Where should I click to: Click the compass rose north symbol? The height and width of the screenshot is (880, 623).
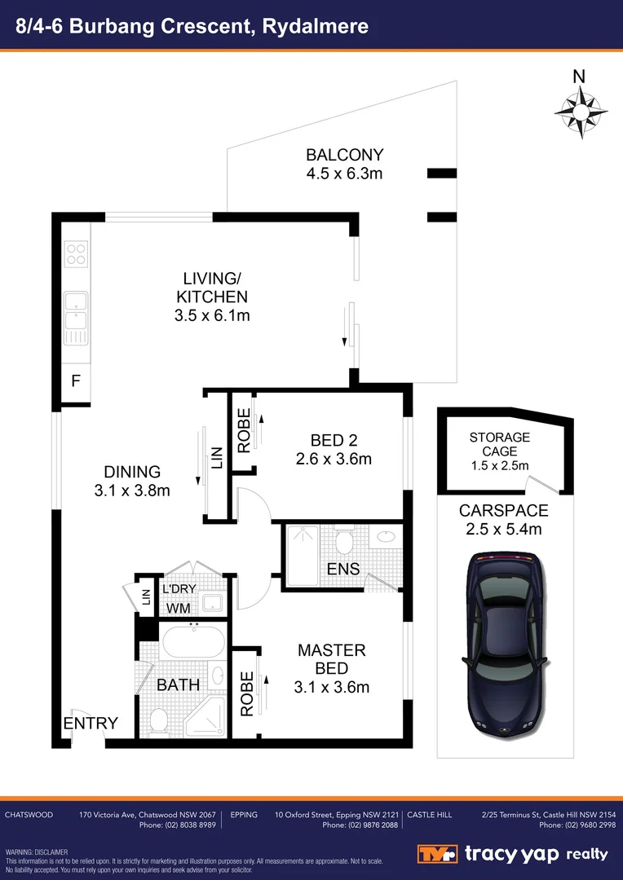pos(579,108)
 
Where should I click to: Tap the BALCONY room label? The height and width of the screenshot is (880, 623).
pos(344,155)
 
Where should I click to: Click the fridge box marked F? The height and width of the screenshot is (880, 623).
pos(75,380)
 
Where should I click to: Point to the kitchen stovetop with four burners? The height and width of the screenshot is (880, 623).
pos(76,254)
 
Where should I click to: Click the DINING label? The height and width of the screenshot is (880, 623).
pos(132,472)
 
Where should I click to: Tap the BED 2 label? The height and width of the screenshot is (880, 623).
pos(334,440)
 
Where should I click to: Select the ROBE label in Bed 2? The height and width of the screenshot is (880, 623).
pos(244,431)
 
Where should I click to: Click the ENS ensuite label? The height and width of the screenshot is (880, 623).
pos(342,569)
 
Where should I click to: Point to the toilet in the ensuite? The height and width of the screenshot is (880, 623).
pos(344,540)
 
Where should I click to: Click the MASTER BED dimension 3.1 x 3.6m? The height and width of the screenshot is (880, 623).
pos(332,687)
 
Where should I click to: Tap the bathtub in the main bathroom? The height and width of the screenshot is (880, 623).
pos(193,643)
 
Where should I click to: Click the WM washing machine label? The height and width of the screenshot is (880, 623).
pos(179,608)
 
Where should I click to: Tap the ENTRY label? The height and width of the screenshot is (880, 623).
pos(91,723)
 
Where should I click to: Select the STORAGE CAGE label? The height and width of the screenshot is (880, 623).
pos(499,445)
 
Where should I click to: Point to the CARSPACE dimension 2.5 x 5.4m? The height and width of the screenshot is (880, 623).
pos(503,530)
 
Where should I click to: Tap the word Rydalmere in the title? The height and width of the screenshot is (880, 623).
pos(317,25)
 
